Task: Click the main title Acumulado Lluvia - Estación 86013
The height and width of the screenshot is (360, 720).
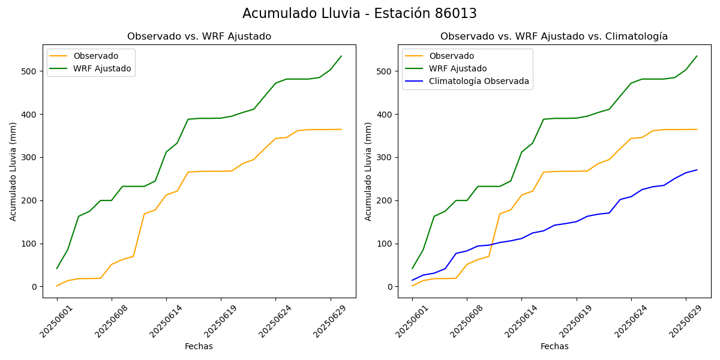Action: (x=359, y=14)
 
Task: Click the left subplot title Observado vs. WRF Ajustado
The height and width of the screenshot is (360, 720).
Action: (x=199, y=37)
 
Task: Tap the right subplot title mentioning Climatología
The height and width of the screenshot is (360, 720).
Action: (x=554, y=37)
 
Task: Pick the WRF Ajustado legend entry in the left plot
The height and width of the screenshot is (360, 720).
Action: (x=102, y=68)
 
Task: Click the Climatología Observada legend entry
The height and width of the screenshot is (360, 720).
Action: (x=479, y=81)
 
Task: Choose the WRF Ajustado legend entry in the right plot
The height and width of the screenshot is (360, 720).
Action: (x=458, y=68)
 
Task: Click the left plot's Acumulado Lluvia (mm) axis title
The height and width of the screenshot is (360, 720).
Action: (x=13, y=171)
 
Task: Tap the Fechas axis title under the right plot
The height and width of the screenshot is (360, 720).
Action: (x=554, y=346)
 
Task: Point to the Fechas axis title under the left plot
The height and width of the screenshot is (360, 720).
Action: (x=199, y=346)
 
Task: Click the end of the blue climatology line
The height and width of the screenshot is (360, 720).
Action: (x=697, y=170)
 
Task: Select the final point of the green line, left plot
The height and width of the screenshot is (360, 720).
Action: (x=341, y=56)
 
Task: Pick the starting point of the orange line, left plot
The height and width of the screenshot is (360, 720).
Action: (x=57, y=286)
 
